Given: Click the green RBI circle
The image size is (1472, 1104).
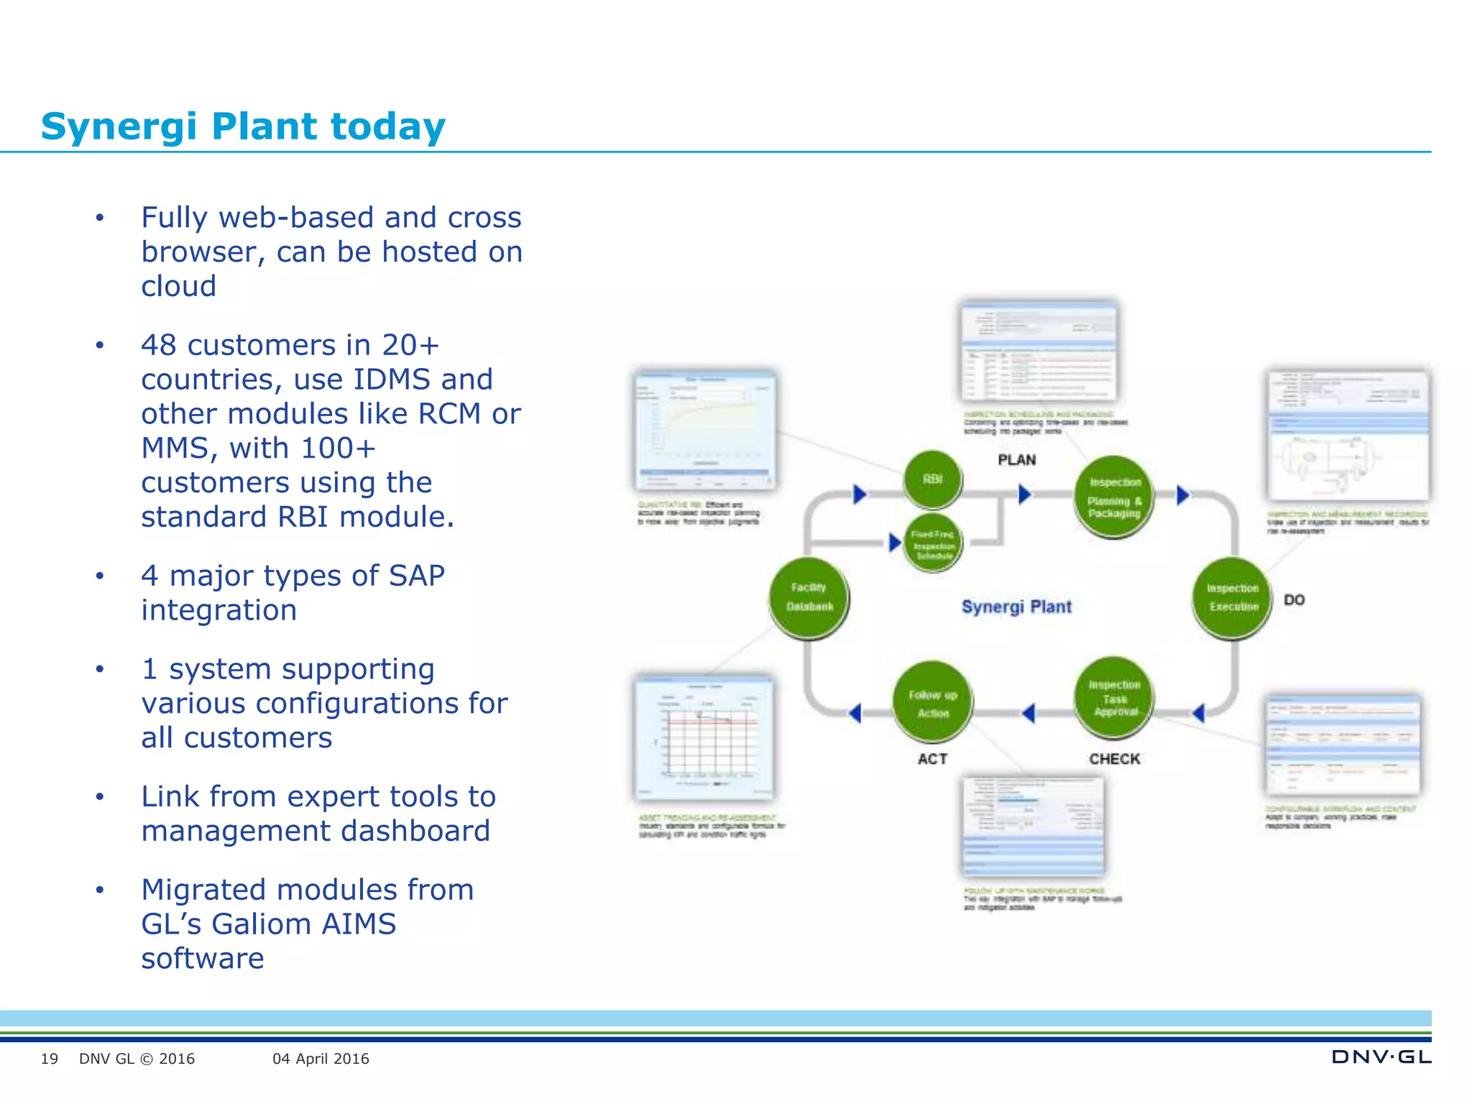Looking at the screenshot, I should click(x=932, y=479).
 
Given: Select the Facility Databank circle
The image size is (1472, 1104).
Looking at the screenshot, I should click(x=809, y=597).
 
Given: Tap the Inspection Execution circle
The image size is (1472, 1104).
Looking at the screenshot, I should click(x=1233, y=597).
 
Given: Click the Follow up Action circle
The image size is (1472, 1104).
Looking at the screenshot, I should click(x=932, y=704).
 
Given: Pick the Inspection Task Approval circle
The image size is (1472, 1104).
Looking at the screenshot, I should click(x=1114, y=698).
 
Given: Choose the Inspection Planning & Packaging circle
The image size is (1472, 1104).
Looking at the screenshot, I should click(x=1114, y=497).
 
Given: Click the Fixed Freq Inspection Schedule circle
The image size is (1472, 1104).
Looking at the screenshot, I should click(x=933, y=543).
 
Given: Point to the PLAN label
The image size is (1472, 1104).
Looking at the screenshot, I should click(x=1016, y=460).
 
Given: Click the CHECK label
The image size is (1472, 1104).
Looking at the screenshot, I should click(x=1114, y=759).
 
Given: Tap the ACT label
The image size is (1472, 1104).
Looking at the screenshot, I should click(x=932, y=759).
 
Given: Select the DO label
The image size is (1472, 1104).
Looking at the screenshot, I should click(x=1294, y=600).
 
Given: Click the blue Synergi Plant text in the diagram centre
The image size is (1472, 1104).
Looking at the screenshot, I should click(x=1016, y=607).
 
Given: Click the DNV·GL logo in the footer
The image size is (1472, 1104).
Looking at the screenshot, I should click(x=1381, y=1057).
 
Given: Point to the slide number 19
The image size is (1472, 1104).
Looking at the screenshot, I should click(x=49, y=1059).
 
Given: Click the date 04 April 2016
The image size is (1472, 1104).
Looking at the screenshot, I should click(x=321, y=1059).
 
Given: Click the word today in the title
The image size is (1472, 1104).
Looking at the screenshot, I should click(x=387, y=126).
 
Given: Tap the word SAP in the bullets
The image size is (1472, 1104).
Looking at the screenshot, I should click(x=416, y=576).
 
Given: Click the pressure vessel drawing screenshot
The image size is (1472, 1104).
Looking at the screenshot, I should click(x=1348, y=437).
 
